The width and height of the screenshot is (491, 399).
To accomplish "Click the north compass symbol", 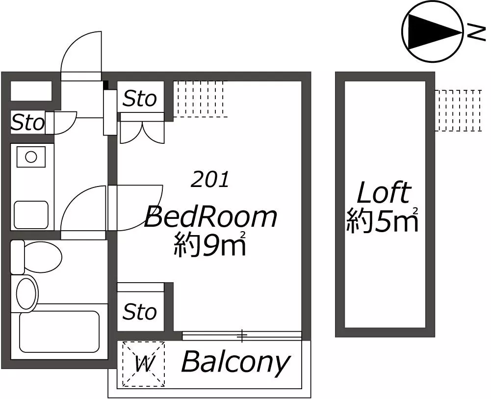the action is [432, 31].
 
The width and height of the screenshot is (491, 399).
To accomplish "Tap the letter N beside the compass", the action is [476, 32].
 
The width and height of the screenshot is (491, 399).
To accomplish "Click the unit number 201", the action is [210, 180].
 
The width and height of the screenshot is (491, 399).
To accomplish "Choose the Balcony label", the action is [235, 363].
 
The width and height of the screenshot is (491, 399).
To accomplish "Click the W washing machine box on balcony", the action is [144, 364].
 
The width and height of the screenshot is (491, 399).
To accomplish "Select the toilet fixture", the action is [36, 257].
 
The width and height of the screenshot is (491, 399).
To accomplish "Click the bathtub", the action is [59, 332].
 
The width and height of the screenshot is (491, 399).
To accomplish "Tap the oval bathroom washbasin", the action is [26, 293].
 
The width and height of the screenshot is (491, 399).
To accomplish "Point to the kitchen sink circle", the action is [31, 157].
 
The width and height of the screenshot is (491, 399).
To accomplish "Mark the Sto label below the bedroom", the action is [140, 312].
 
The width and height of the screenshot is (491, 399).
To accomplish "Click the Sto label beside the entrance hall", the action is [28, 122].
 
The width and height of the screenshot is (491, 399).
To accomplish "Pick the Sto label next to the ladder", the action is [140, 99].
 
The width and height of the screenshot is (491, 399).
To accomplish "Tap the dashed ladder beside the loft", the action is [458, 110].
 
